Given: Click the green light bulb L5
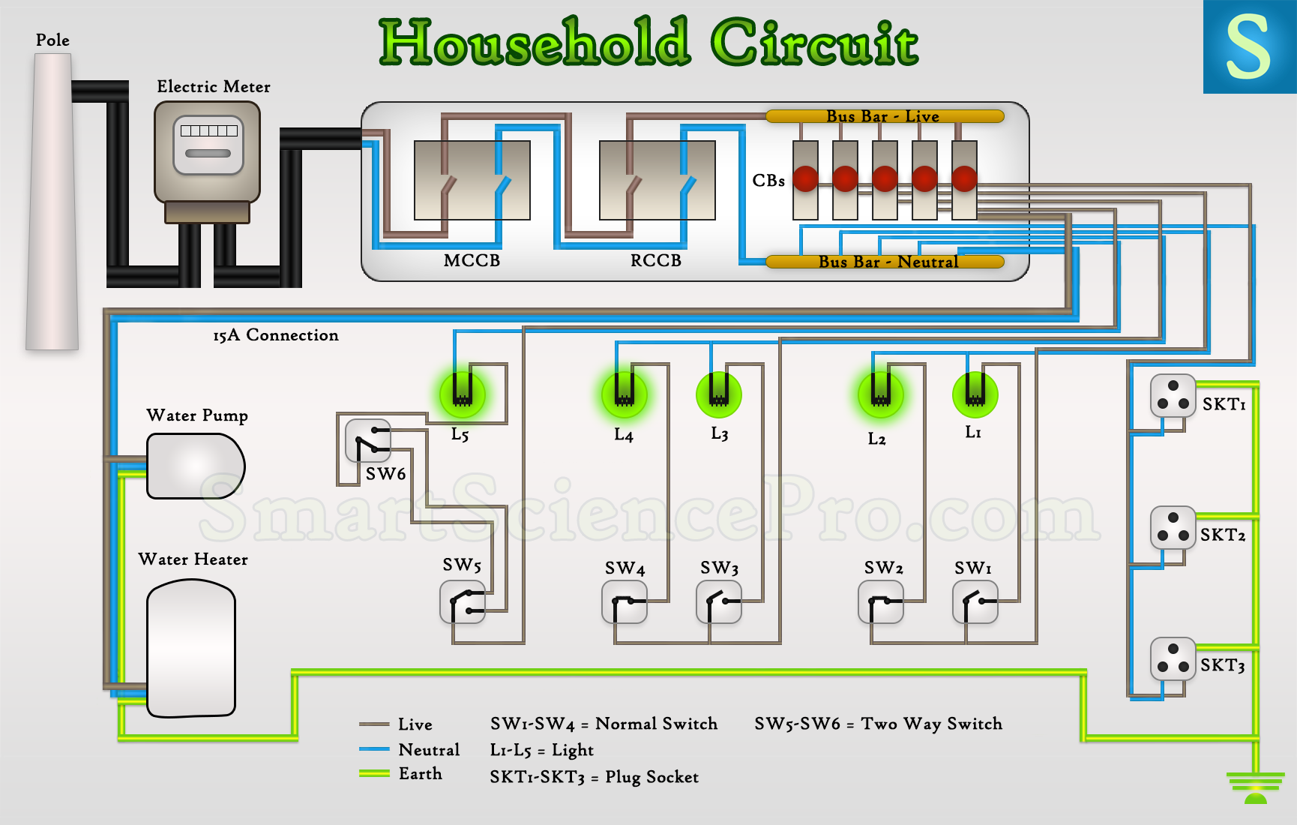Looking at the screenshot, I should (x=463, y=394).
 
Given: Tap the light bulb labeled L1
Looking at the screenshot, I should (x=975, y=394).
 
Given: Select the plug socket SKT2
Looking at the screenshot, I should (x=1173, y=527).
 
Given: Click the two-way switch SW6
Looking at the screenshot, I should (x=368, y=440).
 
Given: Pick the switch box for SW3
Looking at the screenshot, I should (x=719, y=602).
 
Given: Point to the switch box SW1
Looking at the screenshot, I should (x=975, y=602).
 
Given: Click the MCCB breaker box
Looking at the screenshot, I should (x=472, y=180).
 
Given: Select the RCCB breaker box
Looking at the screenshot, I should (x=657, y=180).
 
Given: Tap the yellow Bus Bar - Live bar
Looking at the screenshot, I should (x=885, y=116).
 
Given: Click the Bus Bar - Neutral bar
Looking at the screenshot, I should (x=885, y=262).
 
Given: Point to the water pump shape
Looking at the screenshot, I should (x=195, y=466).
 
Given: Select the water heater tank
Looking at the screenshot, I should (x=191, y=649).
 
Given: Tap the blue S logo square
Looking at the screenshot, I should (x=1250, y=46).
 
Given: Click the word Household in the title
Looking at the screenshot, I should (x=534, y=43).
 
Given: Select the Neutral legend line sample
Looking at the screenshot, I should (x=374, y=749).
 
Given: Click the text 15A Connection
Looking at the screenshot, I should (x=275, y=335).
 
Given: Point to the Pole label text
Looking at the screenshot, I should (x=52, y=40).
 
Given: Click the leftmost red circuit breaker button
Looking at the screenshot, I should (x=805, y=178).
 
